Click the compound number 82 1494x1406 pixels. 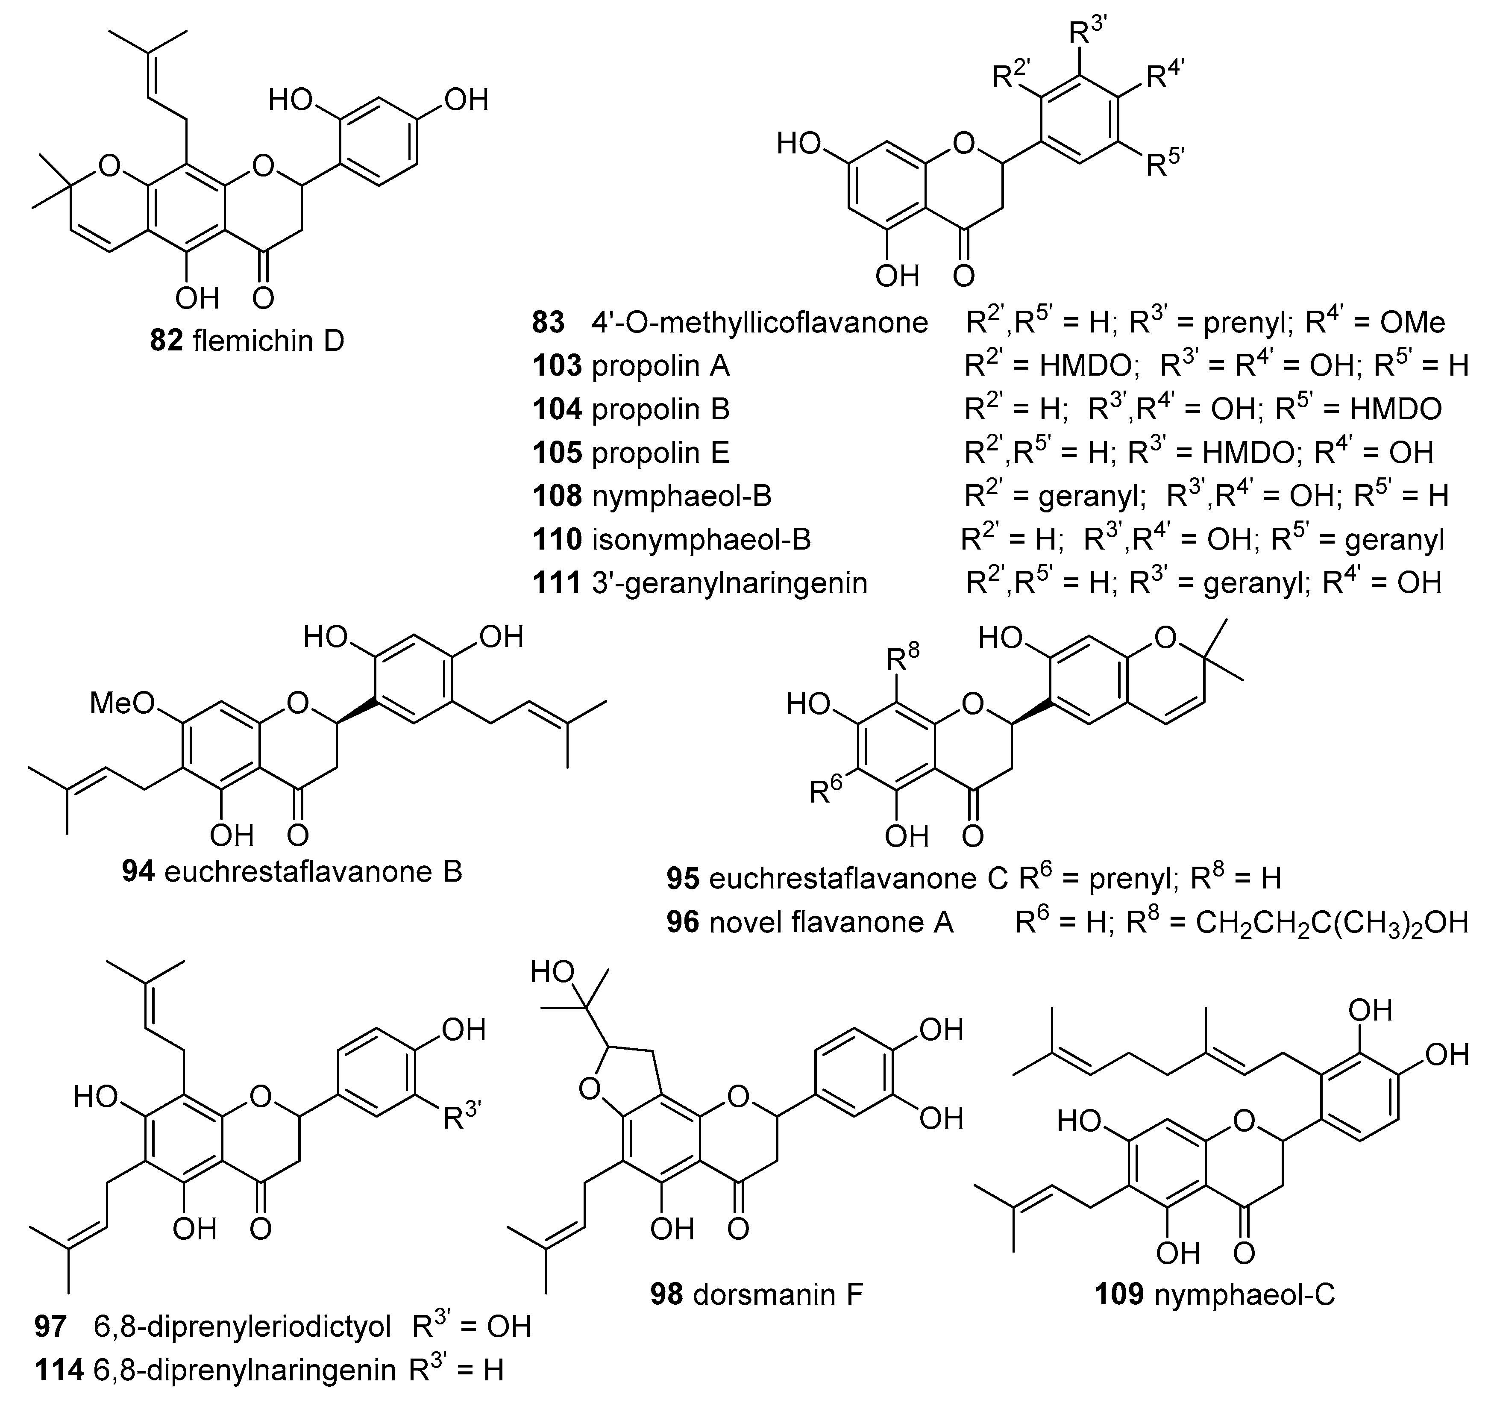(x=166, y=341)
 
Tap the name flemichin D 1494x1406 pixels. (x=268, y=341)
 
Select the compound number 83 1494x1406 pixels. (x=549, y=323)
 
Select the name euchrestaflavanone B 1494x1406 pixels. (x=313, y=871)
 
